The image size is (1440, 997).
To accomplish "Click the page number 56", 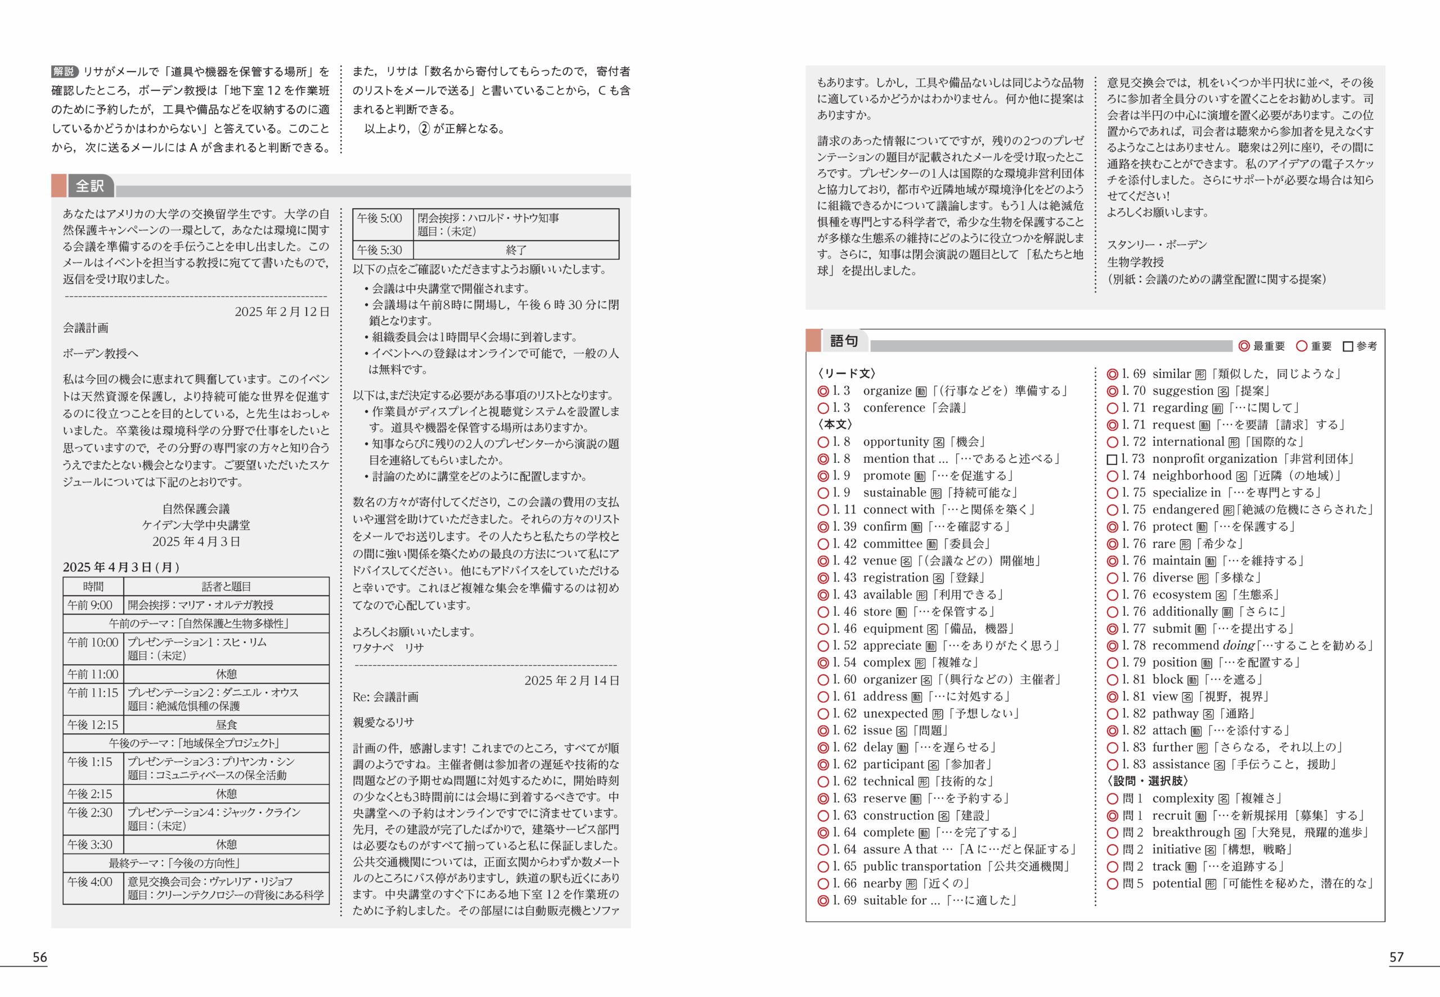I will pos(40,957).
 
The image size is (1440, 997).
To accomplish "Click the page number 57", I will pos(1396,957).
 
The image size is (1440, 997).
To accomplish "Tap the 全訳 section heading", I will pos(90,186).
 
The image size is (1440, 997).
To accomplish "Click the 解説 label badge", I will pos(64,71).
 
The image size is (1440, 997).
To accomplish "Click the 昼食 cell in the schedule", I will pos(226,725).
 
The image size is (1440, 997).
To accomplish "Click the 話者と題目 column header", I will pos(226,586).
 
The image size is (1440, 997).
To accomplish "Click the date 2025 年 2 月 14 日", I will pos(571,680).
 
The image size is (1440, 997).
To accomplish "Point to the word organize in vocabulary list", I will pos(887,390).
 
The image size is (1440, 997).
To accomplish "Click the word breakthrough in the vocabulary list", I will pos(1191,832).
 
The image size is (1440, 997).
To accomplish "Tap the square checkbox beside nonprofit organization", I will pos(1112,459).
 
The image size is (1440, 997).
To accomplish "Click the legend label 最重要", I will pos(1269,346).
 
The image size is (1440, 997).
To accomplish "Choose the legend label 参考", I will pos(1366,346).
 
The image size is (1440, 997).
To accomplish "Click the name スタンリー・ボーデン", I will pos(1157,244).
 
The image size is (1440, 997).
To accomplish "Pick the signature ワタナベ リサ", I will pos(388,648).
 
